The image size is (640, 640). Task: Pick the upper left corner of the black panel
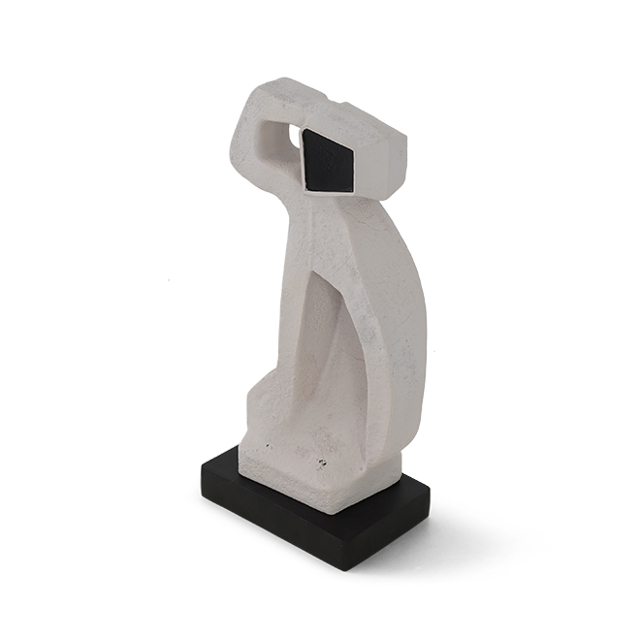click(x=303, y=130)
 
